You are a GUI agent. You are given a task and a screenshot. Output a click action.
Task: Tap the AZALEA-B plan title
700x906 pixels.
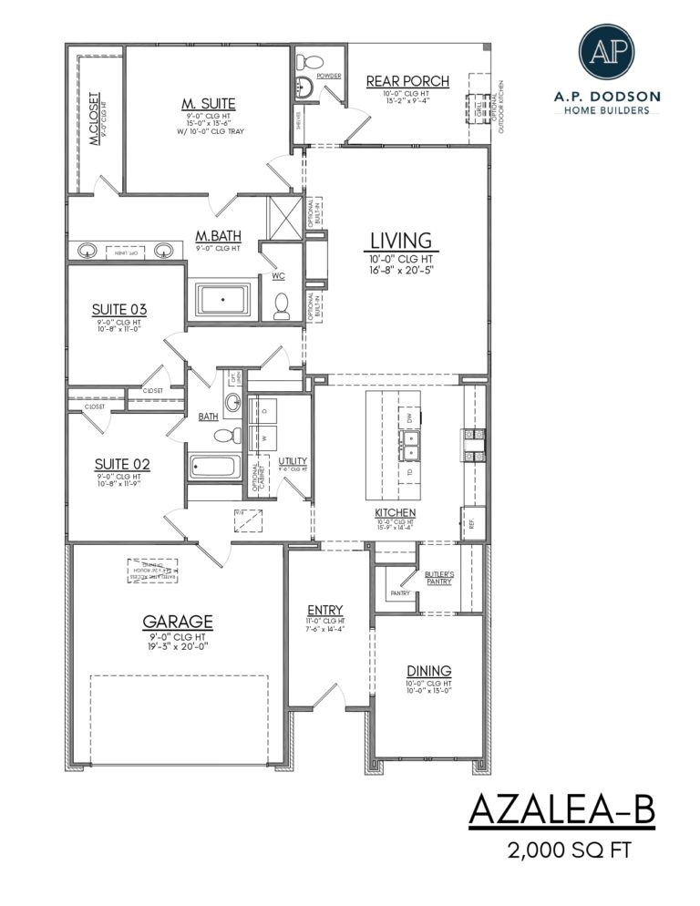click(562, 810)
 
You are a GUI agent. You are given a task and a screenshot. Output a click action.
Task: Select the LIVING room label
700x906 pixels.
click(400, 241)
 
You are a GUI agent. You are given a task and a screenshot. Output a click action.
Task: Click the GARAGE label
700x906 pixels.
click(178, 622)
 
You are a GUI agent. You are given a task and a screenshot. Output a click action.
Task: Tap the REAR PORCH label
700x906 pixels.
click(407, 81)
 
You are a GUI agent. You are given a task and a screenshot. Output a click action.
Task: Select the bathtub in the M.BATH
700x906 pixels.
click(223, 299)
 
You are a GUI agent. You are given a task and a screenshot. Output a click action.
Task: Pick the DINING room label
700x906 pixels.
click(428, 671)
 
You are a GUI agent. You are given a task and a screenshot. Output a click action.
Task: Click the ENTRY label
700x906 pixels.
click(324, 609)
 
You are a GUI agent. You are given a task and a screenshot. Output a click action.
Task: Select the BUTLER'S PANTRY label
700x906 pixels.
click(438, 577)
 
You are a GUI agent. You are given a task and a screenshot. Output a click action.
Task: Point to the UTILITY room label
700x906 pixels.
click(293, 461)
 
